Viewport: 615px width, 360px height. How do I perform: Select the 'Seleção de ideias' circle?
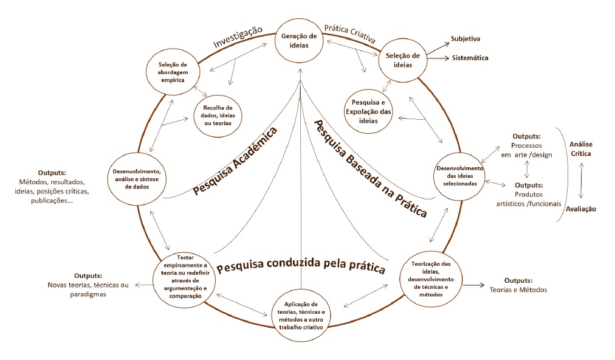click(x=402, y=60)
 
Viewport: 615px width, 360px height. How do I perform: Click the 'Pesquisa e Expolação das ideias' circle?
click(x=369, y=110)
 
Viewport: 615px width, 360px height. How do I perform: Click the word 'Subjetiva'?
click(x=466, y=39)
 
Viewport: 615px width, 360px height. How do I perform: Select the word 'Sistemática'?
click(x=470, y=58)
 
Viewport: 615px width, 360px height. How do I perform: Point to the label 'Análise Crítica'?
click(x=580, y=148)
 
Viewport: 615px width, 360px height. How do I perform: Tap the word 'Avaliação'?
click(x=581, y=209)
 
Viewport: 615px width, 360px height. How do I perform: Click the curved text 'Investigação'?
click(x=237, y=37)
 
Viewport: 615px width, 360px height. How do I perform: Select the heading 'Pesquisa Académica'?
click(x=235, y=162)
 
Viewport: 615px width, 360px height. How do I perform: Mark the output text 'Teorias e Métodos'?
click(x=518, y=289)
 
